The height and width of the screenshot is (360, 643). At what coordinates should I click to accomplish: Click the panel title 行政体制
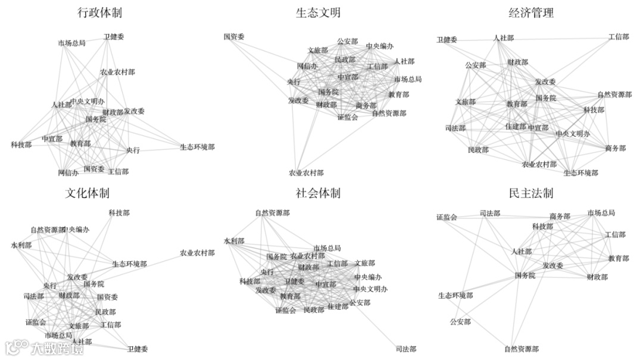(99, 12)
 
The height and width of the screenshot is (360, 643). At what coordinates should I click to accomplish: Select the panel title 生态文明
(319, 12)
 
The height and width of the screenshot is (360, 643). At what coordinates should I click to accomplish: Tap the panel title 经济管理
(532, 12)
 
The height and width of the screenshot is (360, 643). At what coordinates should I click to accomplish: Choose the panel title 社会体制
(319, 193)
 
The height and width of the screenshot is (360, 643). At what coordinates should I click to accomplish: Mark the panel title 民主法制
(532, 193)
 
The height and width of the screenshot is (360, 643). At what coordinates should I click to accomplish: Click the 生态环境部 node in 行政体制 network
(197, 147)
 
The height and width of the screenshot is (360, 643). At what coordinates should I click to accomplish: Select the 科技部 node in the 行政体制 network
(21, 145)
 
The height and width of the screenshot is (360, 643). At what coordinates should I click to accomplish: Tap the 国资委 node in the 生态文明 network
(234, 37)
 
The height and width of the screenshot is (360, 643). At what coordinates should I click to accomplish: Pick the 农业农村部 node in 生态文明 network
(306, 173)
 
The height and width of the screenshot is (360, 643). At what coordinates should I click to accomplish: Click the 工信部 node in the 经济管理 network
(619, 37)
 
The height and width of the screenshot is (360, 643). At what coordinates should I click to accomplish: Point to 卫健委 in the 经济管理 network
(447, 40)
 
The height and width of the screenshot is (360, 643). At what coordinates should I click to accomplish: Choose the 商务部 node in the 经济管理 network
(616, 148)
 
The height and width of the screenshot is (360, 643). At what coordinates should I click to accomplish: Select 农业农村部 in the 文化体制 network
(197, 253)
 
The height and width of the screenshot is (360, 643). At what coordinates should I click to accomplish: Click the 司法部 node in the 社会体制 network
(405, 349)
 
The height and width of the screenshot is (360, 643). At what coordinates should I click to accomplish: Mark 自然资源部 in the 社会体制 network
(272, 212)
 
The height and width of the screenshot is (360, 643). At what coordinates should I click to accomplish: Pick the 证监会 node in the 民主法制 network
(447, 217)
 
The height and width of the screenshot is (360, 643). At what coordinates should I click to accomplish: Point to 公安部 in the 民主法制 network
(460, 322)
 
